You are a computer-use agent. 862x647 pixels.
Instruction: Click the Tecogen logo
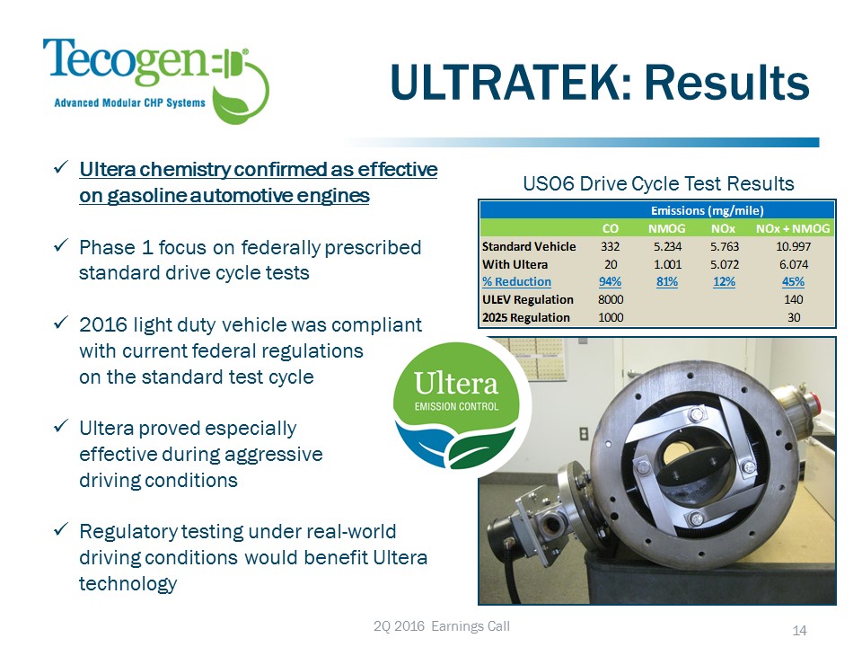(156, 80)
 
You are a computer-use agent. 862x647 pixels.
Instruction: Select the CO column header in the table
(611, 228)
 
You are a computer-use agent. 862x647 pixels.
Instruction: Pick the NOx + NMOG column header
(793, 228)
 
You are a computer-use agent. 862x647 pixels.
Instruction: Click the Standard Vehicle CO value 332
(611, 246)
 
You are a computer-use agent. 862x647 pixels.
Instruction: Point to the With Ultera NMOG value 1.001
(667, 264)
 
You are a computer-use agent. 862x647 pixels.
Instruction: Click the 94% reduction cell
(611, 281)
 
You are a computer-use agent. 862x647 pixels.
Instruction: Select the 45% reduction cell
(793, 281)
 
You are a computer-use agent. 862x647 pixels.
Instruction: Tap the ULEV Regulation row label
(528, 300)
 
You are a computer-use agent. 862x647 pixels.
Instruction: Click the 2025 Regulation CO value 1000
(611, 317)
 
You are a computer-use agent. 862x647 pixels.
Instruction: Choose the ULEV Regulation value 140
(793, 300)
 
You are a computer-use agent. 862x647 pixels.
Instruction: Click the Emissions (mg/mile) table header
(707, 210)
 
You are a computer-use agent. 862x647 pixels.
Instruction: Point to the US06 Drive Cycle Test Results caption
(658, 183)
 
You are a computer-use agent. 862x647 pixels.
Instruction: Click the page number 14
(799, 631)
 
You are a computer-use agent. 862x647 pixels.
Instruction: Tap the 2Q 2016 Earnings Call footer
(442, 626)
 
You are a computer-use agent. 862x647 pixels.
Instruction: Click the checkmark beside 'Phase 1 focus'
(61, 244)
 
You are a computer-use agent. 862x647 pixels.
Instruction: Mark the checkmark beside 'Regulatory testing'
(61, 529)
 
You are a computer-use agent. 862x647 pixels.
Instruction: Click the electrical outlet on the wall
(584, 434)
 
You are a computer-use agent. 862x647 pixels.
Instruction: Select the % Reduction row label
(516, 281)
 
